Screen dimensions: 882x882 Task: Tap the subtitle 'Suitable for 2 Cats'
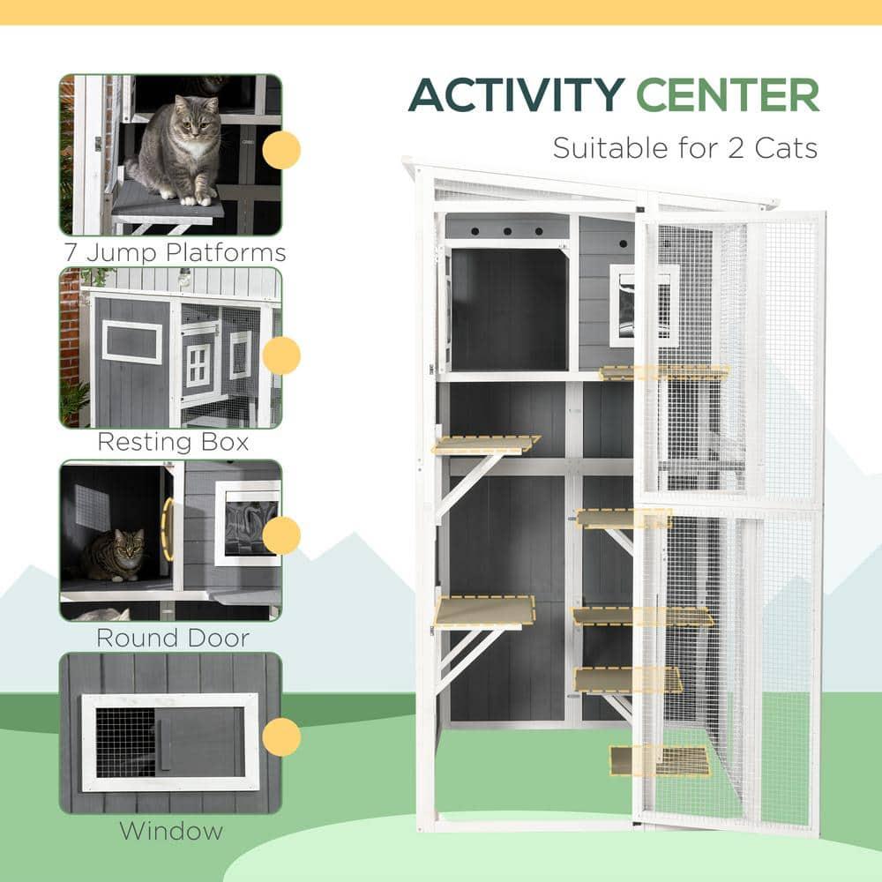[685, 146]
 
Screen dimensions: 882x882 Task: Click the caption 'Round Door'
[173, 637]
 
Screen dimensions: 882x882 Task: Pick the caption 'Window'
[171, 830]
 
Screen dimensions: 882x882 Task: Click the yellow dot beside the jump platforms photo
[281, 150]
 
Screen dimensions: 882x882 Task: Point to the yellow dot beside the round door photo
[281, 535]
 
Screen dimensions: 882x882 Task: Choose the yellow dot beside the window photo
[281, 736]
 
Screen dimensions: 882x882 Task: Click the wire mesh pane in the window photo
[124, 743]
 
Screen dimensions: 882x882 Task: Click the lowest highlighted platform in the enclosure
[660, 760]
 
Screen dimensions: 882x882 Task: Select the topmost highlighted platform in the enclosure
[664, 372]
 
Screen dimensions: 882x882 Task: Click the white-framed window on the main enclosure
[644, 305]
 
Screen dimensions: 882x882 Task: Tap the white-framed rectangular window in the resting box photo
[131, 341]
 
